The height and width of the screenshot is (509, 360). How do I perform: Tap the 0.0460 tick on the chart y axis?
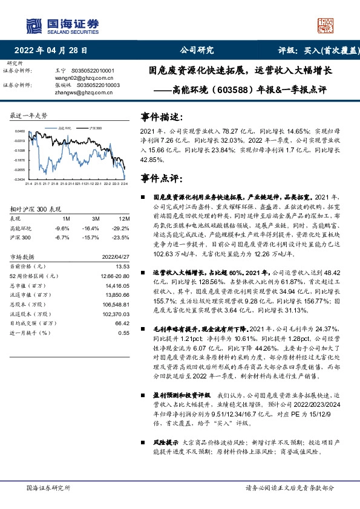pyautogui.click(x=20, y=131)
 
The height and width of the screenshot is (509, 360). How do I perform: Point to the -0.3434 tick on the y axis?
pyautogui.click(x=20, y=180)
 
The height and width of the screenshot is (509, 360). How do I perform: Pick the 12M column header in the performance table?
pyautogui.click(x=125, y=218)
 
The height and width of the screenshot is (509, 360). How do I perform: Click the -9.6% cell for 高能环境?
pyautogui.click(x=62, y=228)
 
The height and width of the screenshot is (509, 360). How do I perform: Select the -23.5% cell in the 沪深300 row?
pyautogui.click(x=123, y=237)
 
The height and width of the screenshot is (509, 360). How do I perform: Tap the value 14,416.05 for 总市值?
pyautogui.click(x=119, y=284)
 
